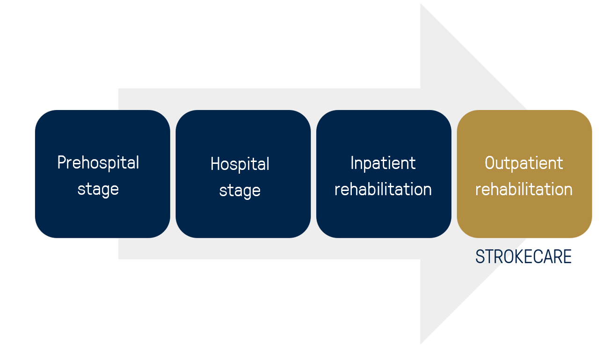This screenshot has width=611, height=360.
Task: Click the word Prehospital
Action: tap(98, 163)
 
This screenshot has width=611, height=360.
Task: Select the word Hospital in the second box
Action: tap(240, 164)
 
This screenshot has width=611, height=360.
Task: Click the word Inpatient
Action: tap(383, 163)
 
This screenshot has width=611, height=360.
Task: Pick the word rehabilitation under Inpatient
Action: tap(383, 189)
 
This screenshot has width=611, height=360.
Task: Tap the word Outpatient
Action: tap(524, 163)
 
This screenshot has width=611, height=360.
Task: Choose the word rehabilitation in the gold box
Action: tap(524, 189)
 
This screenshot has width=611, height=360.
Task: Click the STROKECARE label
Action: tap(524, 257)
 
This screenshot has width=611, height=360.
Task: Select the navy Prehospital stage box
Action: tap(102, 174)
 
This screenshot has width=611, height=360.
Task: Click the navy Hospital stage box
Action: tap(243, 174)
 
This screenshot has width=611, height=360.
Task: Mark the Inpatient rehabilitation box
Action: tap(384, 174)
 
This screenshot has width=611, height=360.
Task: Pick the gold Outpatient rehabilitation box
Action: tap(524, 174)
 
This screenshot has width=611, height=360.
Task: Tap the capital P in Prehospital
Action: tap(62, 162)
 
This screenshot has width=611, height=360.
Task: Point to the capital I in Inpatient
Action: tap(352, 163)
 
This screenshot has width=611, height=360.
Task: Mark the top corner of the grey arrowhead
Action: tap(421, 3)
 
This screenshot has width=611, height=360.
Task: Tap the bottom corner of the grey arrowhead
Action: tap(421, 345)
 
